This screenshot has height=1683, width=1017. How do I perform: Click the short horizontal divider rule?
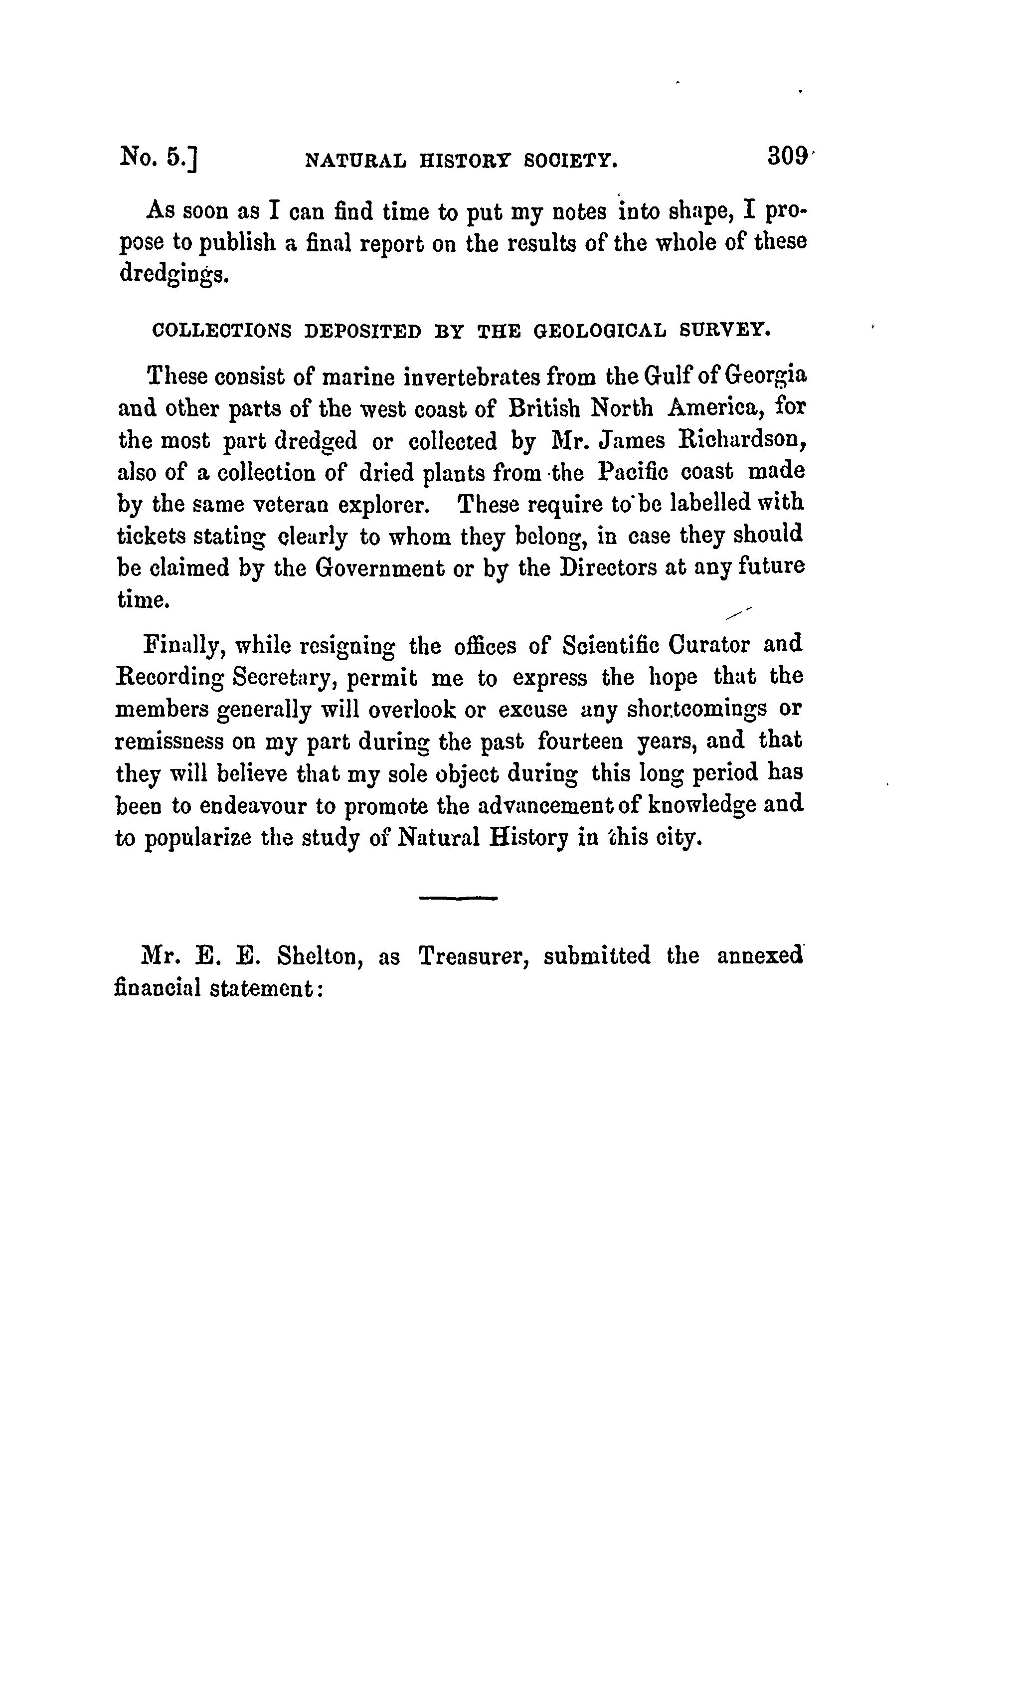click(458, 898)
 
